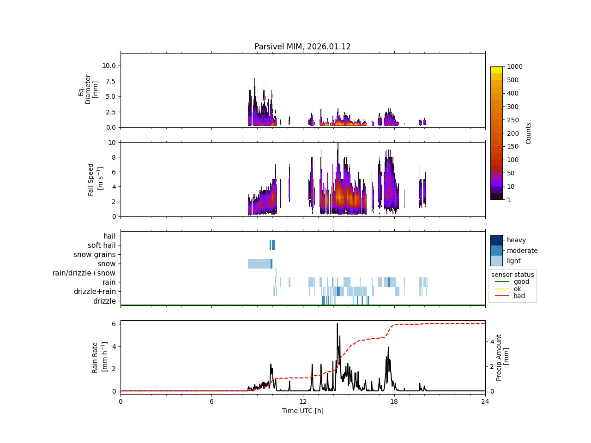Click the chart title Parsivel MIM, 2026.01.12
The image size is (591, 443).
[x=302, y=47]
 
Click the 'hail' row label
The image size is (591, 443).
[x=109, y=236]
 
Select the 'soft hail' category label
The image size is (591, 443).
[x=102, y=245]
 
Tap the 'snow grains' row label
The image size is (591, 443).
[x=94, y=255]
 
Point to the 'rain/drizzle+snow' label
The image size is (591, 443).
[x=84, y=273]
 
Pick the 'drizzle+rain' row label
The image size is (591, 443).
[x=95, y=292]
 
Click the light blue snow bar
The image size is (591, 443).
[x=259, y=264]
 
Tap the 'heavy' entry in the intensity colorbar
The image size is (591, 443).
[x=516, y=240]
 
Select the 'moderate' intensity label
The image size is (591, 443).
[x=522, y=251]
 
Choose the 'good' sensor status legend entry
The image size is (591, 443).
[x=521, y=281]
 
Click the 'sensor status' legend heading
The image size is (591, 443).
[x=513, y=275]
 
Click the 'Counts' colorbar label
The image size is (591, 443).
[x=529, y=133]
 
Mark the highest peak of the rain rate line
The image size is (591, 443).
[x=337, y=323]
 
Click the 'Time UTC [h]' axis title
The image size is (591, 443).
[x=303, y=411]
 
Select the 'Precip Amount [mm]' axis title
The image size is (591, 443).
[x=503, y=358]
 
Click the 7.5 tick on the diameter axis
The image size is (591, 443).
[x=108, y=81]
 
